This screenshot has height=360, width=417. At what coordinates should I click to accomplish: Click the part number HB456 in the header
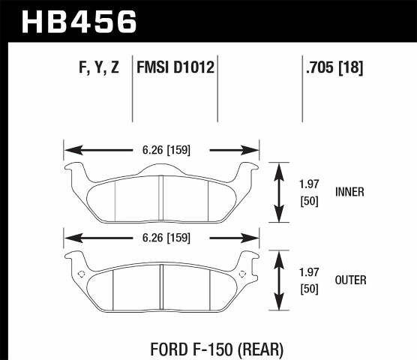(79, 20)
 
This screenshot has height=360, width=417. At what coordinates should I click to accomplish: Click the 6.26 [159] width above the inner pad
(162, 150)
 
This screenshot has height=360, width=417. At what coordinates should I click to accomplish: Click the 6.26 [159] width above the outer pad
(162, 238)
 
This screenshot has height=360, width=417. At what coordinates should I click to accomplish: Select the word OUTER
(349, 280)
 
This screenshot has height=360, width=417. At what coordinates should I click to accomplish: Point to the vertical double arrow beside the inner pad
(279, 192)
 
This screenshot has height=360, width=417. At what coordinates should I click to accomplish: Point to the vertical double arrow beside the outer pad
(279, 280)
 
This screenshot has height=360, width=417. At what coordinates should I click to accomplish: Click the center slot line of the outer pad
(162, 286)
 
